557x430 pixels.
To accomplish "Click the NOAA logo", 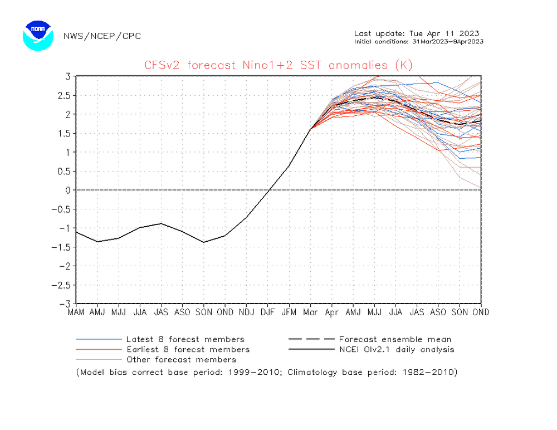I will (38, 36).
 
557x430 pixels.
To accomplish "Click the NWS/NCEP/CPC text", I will (102, 36).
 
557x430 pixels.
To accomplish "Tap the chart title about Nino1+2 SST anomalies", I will (278, 65).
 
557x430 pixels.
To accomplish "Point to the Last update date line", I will (417, 33).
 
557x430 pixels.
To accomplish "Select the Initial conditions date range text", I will (418, 42).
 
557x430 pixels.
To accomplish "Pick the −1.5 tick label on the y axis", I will (62, 247).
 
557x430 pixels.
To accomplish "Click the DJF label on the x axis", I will (268, 312).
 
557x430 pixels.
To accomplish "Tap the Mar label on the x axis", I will (310, 312).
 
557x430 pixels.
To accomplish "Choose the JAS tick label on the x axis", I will (161, 312).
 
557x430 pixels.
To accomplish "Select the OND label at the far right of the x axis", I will (480, 312).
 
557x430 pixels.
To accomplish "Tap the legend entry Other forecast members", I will (180, 359).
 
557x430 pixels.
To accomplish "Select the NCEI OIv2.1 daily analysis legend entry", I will (396, 349).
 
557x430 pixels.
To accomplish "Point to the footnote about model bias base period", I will (266, 372).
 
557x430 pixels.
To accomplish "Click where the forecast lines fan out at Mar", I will (311, 129).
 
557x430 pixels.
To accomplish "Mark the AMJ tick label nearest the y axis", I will (97, 312).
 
